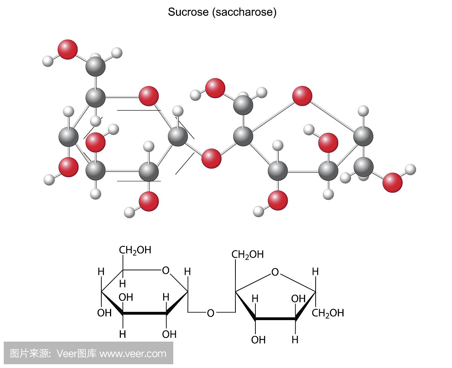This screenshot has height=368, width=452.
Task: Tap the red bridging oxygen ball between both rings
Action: (x=211, y=158)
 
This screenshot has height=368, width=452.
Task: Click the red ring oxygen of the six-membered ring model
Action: (x=148, y=96)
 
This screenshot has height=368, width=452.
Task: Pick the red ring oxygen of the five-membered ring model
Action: (x=302, y=96)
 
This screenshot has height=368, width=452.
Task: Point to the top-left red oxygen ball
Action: (x=68, y=49)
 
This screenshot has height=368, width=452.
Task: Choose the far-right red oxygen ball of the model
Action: (x=392, y=183)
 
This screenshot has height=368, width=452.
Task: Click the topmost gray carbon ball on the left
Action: (x=95, y=67)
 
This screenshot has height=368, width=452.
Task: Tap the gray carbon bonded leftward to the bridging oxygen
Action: (x=177, y=136)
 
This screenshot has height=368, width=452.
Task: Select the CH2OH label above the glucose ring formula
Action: (x=135, y=250)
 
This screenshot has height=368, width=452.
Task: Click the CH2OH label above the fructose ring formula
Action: (x=247, y=255)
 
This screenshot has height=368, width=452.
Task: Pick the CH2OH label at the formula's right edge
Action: (x=328, y=313)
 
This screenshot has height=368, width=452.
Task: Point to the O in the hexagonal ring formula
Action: (x=165, y=270)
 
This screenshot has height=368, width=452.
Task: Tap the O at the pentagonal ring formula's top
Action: (x=275, y=272)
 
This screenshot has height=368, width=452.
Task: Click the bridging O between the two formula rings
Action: (x=211, y=313)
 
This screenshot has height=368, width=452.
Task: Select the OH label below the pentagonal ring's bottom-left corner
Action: (x=258, y=340)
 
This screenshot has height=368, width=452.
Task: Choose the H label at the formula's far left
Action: (x=101, y=271)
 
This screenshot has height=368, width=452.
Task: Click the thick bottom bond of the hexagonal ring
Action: (x=145, y=313)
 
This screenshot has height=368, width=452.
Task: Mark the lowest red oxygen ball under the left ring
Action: (x=149, y=201)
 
